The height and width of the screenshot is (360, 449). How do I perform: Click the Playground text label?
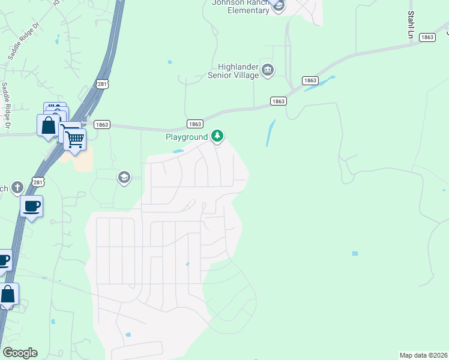(187, 137)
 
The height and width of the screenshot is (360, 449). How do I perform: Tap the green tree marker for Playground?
(217, 137)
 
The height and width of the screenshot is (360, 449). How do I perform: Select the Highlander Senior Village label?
(234, 71)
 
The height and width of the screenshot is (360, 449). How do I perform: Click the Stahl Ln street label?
(411, 25)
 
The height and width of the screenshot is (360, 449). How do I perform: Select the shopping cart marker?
(74, 140)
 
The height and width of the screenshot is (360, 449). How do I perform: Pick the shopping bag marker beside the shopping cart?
(48, 127)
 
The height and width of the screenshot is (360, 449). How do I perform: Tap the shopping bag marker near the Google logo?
(8, 295)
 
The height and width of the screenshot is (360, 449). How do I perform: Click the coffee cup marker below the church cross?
(31, 207)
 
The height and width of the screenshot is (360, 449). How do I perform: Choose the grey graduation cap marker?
(124, 177)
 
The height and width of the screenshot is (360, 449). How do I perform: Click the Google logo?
(20, 353)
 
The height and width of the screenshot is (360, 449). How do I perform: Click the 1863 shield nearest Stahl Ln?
(427, 37)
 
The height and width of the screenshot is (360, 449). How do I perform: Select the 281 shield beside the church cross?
(38, 182)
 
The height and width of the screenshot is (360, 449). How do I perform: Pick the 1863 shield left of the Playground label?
(194, 124)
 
